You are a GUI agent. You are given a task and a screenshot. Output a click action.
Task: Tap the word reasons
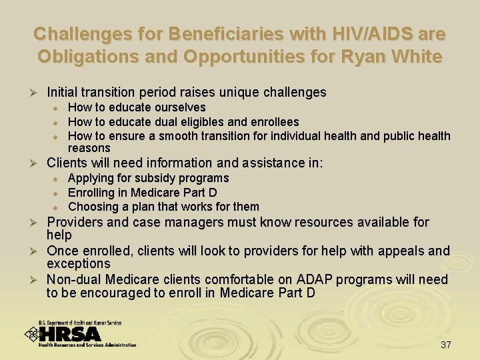pos(89,148)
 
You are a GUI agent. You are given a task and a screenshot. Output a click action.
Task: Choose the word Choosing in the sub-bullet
pos(92,207)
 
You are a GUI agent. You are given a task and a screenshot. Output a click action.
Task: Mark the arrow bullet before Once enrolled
pos(29,251)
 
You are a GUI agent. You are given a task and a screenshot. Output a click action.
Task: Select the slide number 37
pos(446,345)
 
